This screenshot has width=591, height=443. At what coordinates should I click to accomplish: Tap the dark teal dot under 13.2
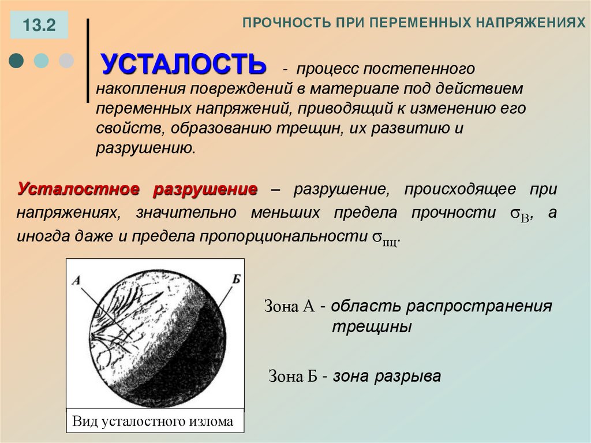[17, 60]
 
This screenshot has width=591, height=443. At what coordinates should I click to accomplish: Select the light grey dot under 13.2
[68, 60]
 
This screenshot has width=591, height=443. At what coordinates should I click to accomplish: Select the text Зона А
[289, 306]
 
